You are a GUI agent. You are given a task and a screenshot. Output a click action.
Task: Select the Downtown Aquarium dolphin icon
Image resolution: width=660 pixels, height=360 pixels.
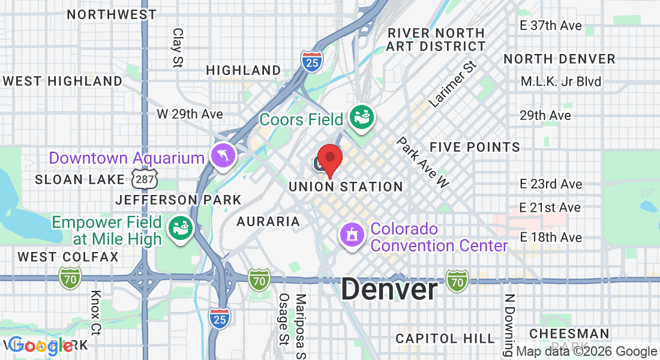223,157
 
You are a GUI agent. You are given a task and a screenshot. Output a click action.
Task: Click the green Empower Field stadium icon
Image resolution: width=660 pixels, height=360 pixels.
179,229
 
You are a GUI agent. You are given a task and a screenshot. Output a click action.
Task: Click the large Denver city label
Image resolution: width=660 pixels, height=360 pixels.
389,290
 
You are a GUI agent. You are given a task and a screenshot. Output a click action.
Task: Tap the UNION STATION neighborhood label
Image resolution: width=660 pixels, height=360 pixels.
346,187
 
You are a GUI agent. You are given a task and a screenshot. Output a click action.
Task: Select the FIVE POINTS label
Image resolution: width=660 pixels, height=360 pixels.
475,147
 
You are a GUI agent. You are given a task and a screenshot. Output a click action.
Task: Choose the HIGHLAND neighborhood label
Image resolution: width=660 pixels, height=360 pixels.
243,70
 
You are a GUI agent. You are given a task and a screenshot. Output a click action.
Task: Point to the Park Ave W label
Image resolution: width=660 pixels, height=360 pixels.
423,162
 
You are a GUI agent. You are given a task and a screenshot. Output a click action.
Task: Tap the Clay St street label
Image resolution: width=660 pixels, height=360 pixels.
178,47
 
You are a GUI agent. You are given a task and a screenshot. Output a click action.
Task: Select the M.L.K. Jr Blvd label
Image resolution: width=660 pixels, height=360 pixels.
561,82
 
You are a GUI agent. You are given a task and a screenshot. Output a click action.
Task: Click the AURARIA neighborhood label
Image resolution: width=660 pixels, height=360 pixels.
268,221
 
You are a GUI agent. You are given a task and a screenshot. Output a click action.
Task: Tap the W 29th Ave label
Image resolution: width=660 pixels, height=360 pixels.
190,114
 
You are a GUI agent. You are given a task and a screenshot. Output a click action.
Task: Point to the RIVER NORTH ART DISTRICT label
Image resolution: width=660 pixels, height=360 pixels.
436,39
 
